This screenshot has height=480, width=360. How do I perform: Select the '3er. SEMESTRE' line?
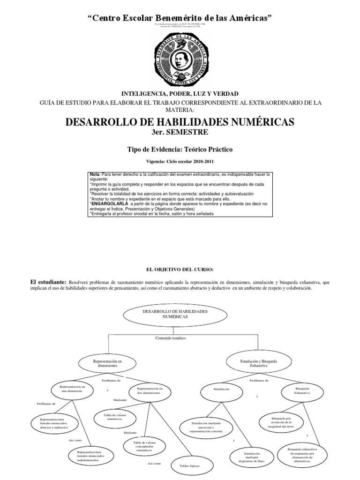(180, 133)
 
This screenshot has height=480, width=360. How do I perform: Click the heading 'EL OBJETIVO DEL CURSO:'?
(180, 270)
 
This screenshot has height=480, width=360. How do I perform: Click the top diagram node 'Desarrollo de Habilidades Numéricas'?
(167, 315)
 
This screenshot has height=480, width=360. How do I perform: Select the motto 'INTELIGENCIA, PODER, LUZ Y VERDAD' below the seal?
(180, 94)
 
